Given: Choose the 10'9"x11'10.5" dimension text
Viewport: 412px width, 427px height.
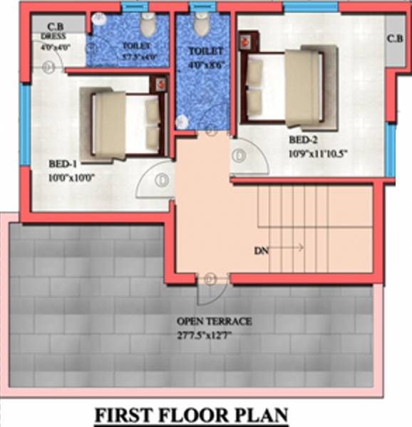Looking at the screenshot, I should [320, 153].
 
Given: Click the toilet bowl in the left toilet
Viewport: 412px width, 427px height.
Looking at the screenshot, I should [148, 26].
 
